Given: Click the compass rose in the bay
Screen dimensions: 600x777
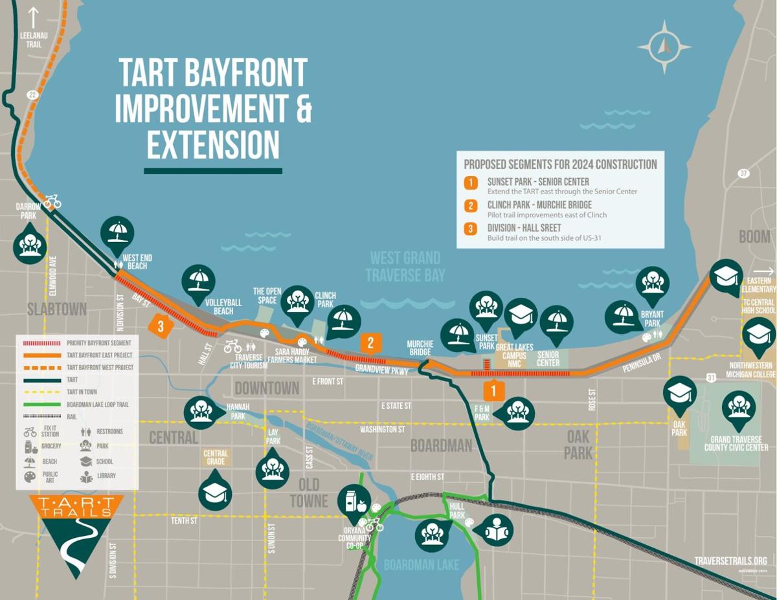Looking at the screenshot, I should pos(664,47).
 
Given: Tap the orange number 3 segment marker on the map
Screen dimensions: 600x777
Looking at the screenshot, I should pos(161,325).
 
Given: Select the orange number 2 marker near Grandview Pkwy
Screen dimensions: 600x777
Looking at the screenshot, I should pos(370,342).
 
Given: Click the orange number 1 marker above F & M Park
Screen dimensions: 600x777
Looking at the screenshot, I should pos(493,390).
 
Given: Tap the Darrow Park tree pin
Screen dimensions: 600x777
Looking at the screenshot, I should pos(30,242).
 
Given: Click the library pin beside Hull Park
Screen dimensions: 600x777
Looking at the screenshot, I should pos(495,530).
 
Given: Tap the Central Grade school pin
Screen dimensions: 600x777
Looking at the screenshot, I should pos(215,491).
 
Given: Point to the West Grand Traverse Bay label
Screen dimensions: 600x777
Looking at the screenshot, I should pos(405,266).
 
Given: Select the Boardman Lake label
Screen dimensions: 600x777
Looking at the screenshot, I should pos(421,564).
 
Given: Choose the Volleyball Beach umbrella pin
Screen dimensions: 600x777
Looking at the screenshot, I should pos(199,281).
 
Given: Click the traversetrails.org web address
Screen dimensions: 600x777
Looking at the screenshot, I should pos(730,561).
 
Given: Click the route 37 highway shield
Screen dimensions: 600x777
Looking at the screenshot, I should pos(744,173).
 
